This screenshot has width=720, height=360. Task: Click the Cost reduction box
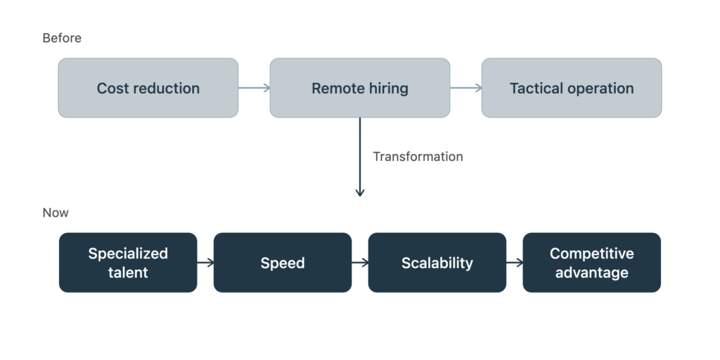pyautogui.click(x=148, y=88)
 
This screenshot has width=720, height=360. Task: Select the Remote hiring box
pyautogui.click(x=359, y=88)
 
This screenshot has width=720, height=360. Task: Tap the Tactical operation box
pyautogui.click(x=571, y=88)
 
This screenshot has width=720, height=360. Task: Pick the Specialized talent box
pyautogui.click(x=128, y=262)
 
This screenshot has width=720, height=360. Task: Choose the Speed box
pyautogui.click(x=283, y=262)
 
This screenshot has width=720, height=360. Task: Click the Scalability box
pyautogui.click(x=437, y=262)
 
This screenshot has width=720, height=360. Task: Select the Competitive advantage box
pyautogui.click(x=591, y=262)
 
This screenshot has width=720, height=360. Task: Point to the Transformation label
pyautogui.click(x=418, y=157)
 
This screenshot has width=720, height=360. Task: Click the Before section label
pyautogui.click(x=62, y=38)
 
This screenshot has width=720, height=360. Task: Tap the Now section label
pyautogui.click(x=56, y=212)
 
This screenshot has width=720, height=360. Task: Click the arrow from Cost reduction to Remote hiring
pyautogui.click(x=254, y=88)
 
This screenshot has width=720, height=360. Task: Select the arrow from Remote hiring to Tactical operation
pyautogui.click(x=465, y=88)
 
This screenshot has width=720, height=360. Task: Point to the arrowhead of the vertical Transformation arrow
pyautogui.click(x=360, y=195)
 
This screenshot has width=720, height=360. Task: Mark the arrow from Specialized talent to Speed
pyautogui.click(x=205, y=263)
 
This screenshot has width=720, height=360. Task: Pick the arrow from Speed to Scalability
pyautogui.click(x=360, y=263)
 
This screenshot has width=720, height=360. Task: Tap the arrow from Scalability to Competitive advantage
pyautogui.click(x=514, y=263)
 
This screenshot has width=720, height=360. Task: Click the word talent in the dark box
pyautogui.click(x=128, y=272)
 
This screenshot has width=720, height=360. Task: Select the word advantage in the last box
pyautogui.click(x=591, y=272)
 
